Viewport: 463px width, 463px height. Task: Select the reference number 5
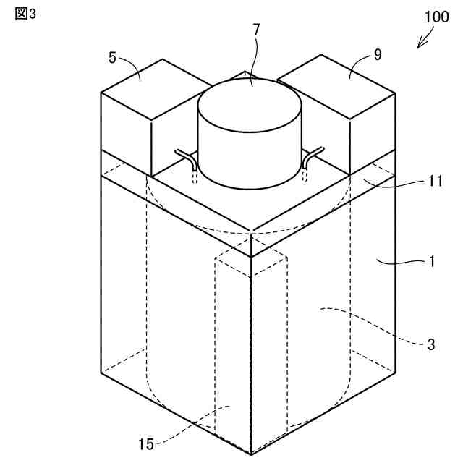click(x=112, y=57)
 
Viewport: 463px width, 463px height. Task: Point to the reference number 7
click(x=256, y=30)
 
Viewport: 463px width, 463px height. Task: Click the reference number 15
click(x=146, y=443)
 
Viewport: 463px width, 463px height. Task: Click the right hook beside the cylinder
click(x=312, y=157)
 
